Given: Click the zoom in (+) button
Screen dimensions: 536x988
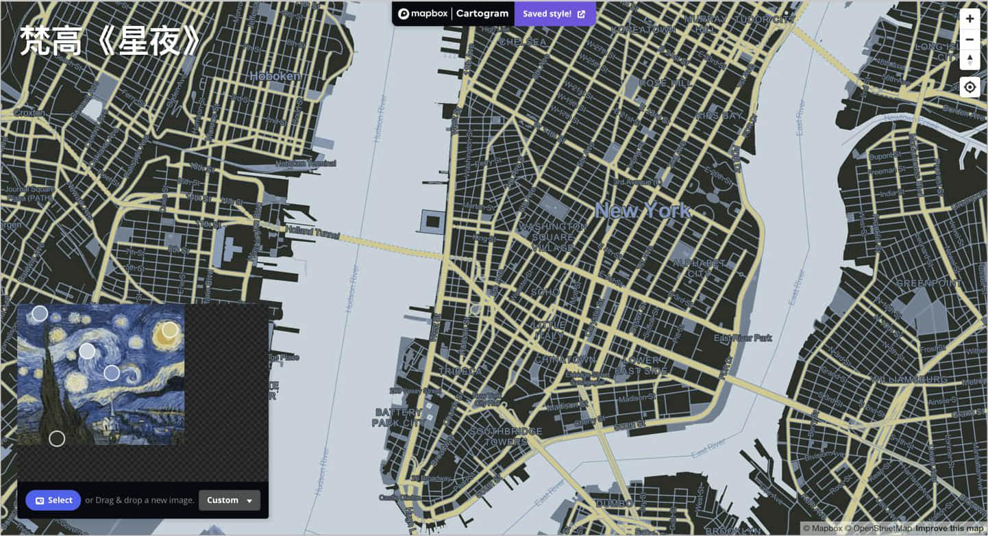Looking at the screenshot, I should coord(970,18).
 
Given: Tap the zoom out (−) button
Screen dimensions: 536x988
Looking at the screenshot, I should coord(970,40).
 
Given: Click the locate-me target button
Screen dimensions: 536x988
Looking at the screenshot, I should coord(970,87).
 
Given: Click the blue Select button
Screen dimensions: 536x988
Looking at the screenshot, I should coord(53,500).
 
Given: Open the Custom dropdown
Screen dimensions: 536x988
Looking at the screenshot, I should coord(229,500).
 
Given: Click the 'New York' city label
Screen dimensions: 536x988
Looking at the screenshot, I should coord(642,211).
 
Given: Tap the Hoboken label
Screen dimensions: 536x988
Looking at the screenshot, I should coord(275,76).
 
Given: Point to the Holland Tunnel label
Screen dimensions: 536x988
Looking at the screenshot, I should coord(312,233).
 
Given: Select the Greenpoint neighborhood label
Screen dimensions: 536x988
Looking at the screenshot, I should coord(929,283).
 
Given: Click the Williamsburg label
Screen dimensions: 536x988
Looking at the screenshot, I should coord(909,379).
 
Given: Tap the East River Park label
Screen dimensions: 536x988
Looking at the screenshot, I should coord(743,337).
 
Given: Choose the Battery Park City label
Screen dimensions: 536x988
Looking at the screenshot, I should coord(397,418).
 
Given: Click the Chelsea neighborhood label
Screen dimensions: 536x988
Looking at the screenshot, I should coord(523,42).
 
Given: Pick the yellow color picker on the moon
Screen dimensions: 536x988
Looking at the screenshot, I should coord(169,330).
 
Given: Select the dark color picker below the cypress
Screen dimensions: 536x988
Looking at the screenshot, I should coord(57,439).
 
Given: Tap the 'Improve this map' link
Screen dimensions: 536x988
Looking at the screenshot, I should coord(949,528).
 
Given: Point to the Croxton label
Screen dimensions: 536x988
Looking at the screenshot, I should coord(29,112).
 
